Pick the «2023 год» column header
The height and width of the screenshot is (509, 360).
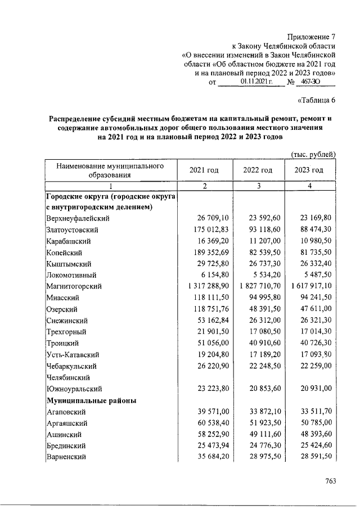pyautogui.click(x=309, y=170)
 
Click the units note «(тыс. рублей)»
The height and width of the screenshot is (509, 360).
pyautogui.click(x=313, y=154)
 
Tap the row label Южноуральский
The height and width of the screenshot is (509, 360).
pyautogui.click(x=73, y=389)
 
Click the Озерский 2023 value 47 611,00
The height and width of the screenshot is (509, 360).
pyautogui.click(x=310, y=309)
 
